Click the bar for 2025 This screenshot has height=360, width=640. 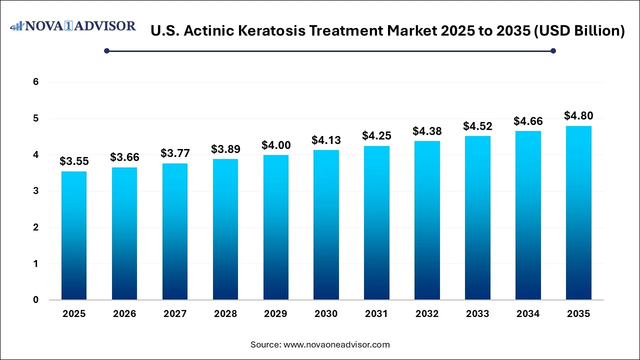[73, 235]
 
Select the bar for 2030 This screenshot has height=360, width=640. [325, 225]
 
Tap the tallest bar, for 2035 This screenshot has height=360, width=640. [578, 213]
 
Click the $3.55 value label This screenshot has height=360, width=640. [73, 161]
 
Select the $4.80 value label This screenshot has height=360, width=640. [578, 115]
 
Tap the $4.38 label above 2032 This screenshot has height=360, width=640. [426, 131]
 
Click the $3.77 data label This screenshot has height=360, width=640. [174, 153]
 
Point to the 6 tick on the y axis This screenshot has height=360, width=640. [36, 82]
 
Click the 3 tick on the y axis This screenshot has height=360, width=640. [36, 191]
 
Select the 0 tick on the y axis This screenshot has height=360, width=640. [36, 300]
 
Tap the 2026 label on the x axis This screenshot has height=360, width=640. [124, 314]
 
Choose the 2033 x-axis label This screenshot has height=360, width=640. [477, 314]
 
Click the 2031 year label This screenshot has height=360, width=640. [376, 314]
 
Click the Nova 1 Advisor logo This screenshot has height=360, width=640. [73, 26]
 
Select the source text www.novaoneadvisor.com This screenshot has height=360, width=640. [336, 344]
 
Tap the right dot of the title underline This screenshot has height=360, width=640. [553, 50]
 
